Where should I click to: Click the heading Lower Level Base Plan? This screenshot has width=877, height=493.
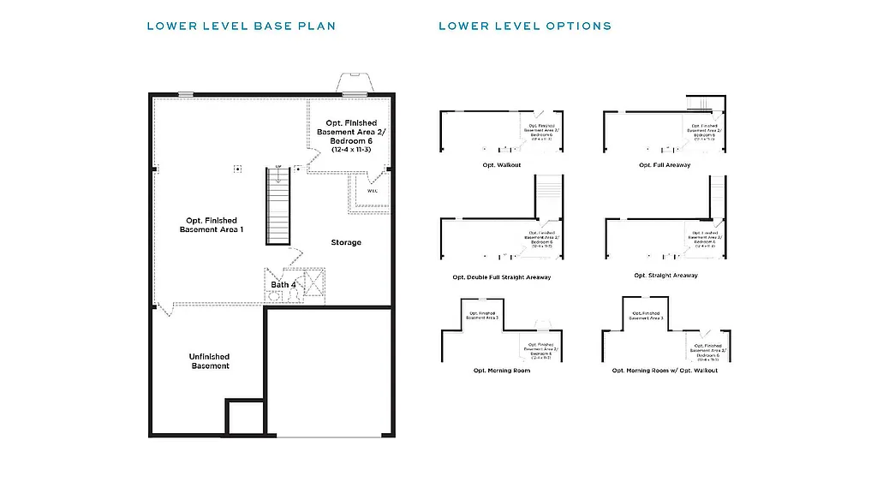click(241, 26)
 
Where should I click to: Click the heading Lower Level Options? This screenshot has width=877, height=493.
click(525, 26)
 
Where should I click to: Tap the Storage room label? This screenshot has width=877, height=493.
click(346, 242)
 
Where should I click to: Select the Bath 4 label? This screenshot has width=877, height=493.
click(283, 284)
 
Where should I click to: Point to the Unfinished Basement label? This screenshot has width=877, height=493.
click(210, 361)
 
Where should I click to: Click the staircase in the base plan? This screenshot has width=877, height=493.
click(278, 205)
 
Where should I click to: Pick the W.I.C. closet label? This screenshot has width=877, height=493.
click(373, 191)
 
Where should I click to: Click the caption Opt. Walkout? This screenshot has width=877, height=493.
click(501, 164)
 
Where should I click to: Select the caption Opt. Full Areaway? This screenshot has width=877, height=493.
click(665, 164)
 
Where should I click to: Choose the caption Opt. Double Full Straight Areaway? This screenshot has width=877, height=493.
click(501, 277)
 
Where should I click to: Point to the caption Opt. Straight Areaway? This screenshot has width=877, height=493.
click(665, 276)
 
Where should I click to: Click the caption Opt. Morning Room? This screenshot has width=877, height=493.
click(501, 371)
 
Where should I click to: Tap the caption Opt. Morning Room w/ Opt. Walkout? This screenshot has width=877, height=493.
click(665, 371)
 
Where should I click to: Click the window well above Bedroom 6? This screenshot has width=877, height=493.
click(355, 83)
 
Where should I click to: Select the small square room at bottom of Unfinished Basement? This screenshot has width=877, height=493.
click(245, 418)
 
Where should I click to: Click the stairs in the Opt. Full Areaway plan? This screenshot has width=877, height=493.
click(701, 104)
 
